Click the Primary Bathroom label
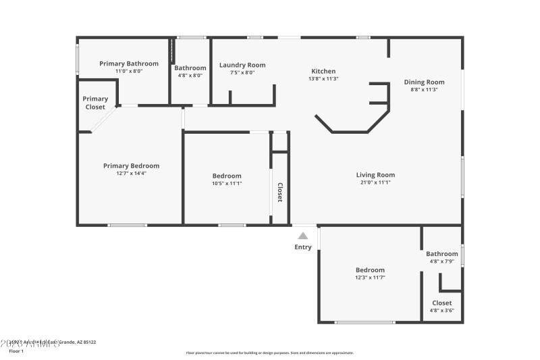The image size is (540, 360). [129, 63]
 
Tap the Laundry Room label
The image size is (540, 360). [242, 65]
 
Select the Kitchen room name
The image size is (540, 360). [323, 71]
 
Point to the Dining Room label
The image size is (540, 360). [424, 82]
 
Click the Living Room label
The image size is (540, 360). [375, 175]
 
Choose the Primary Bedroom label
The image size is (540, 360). [131, 165]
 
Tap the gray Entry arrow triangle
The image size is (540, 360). [303, 236]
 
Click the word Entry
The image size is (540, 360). [303, 247]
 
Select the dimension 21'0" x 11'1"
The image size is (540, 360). [375, 182]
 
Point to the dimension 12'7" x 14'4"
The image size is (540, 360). [131, 173]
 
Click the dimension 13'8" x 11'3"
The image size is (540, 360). [323, 78]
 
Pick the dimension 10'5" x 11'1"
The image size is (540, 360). [227, 183]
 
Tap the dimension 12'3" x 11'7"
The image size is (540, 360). [370, 277]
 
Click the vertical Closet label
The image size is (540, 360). [279, 192]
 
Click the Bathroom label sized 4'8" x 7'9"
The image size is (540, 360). [441, 254]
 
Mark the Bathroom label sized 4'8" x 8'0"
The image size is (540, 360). [190, 68]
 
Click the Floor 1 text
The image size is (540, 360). [16, 351]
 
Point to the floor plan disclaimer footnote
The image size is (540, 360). [269, 353]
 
